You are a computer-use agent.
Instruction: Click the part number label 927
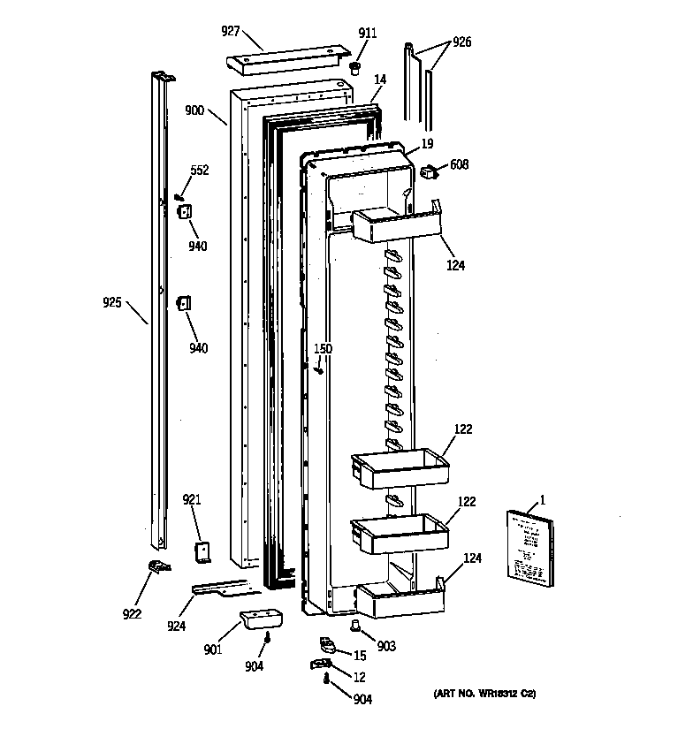pos(231,31)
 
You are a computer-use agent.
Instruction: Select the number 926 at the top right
pos(461,42)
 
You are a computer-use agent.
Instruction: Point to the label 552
pos(200,171)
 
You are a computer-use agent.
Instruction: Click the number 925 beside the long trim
pos(112,304)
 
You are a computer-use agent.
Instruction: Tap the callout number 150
pos(324,349)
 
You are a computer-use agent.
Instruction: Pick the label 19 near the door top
pos(427,143)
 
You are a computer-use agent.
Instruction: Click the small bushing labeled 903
pos(356,626)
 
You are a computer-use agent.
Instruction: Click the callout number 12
pos(360,677)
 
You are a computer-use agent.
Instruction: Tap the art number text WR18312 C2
pos(484,694)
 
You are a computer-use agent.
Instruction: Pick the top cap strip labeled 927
pos(287,62)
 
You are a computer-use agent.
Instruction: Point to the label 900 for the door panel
pos(194,110)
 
